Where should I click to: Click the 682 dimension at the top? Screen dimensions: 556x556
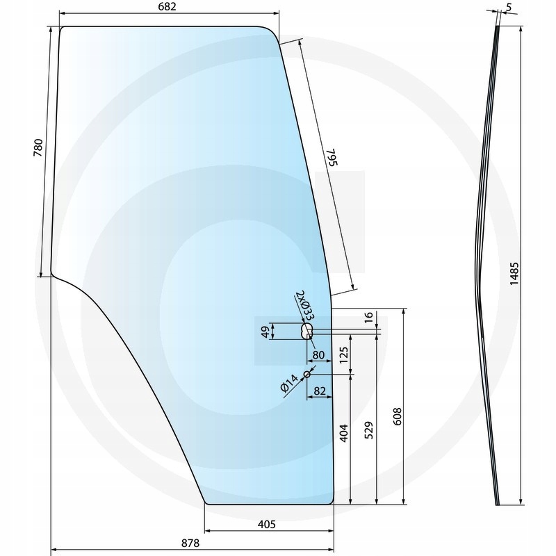pos(167,7)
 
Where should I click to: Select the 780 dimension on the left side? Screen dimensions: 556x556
pos(38,148)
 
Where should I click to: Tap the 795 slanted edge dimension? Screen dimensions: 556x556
pos(332,157)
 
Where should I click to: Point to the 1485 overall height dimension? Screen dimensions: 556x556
pos(514,273)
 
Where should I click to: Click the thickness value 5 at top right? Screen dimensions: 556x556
pos(509,8)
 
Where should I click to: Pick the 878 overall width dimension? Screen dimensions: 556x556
pos(190,543)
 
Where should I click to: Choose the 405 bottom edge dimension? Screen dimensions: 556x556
pos(266,524)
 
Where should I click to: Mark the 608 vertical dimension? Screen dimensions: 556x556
pos(398,416)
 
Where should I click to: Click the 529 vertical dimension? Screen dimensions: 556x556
pos(369,430)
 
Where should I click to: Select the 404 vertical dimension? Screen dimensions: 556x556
pos(343,433)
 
